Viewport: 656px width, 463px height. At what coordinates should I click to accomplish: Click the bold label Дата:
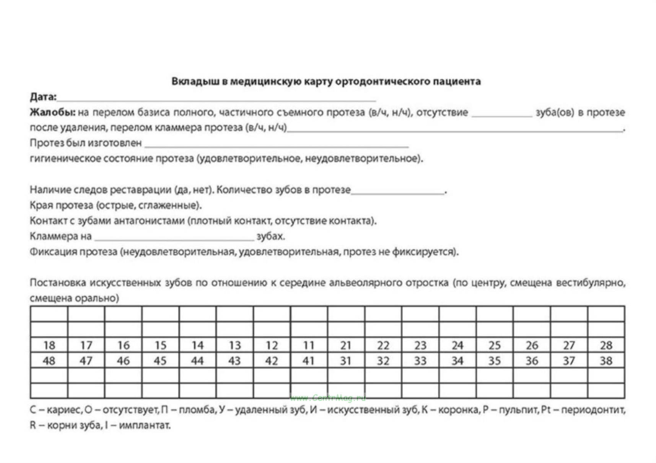pos(43,97)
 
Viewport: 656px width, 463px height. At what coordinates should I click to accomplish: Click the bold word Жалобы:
pos(52,112)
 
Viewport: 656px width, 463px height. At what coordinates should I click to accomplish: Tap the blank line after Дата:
pos(216,98)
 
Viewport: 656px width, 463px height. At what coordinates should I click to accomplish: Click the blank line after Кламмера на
pos(174,237)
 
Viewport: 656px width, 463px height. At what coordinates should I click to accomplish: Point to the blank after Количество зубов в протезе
pos(398,191)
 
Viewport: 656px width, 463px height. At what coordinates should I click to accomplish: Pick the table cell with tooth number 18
pos(49,346)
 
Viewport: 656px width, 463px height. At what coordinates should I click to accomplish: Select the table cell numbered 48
pos(49,361)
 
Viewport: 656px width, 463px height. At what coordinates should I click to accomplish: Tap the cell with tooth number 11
pos(309,346)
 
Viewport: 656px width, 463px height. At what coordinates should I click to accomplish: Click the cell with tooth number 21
pos(346,346)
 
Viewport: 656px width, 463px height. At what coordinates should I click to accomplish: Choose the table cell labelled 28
pos(606,346)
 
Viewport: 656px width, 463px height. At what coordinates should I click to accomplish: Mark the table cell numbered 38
pos(606,361)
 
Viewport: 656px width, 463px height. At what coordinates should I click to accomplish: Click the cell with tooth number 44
pos(197,361)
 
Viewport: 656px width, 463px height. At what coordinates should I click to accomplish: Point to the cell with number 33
pos(420,361)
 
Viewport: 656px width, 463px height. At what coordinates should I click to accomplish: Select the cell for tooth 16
pos(123,346)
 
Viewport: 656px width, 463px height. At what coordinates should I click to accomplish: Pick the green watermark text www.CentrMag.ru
pos(328,398)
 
